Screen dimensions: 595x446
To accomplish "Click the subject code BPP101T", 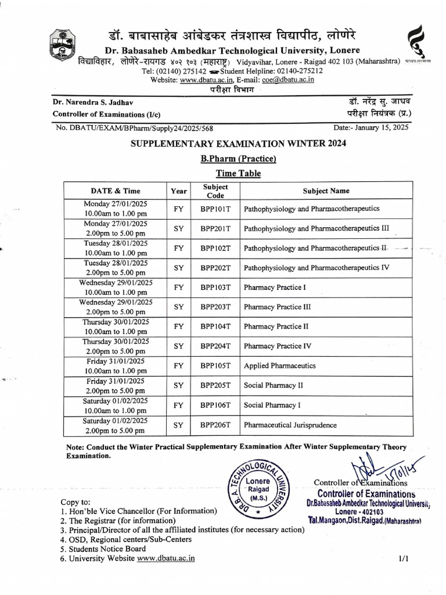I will click(216, 207).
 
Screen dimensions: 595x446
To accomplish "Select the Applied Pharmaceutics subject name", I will click(280, 365).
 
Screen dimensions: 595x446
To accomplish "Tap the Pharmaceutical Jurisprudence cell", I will click(290, 425).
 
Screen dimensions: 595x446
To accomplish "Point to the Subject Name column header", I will click(326, 191).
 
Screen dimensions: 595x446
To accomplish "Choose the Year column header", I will click(179, 191).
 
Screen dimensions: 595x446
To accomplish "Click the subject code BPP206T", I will click(216, 425).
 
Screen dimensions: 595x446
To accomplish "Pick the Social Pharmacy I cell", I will click(270, 405).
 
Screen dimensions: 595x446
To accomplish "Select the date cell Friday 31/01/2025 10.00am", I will click(116, 365).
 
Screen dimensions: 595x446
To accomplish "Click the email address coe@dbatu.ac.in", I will click(289, 80).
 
